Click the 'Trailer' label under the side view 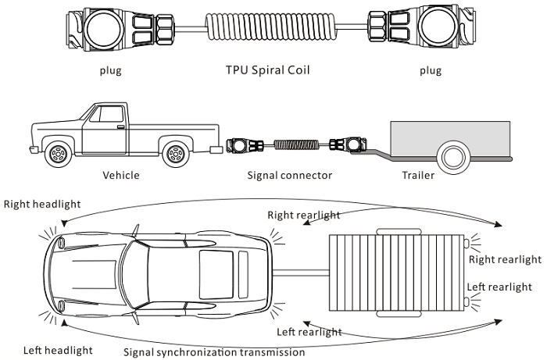click(x=417, y=175)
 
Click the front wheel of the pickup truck click(x=59, y=154)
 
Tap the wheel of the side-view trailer click(x=451, y=159)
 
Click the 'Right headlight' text click(x=42, y=205)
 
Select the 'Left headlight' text click(x=58, y=350)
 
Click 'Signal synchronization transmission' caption click(x=214, y=352)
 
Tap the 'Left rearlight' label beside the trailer click(x=498, y=287)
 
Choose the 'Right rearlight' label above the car click(x=304, y=214)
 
